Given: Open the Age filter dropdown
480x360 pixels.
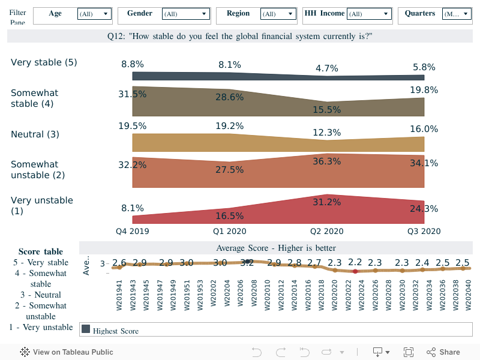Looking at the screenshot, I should pos(95,14).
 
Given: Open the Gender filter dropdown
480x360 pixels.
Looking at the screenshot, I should pos(185,14).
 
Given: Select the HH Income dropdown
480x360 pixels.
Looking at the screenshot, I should pos(369,14).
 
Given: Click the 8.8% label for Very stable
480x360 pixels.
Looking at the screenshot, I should pos(132,64).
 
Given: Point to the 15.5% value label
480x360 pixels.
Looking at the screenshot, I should pos(326,110).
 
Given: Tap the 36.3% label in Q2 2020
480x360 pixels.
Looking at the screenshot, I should pos(326,161).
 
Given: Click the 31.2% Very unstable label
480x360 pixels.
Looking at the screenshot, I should pos(326,202).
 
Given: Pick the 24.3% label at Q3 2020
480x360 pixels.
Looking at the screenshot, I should pos(424,209).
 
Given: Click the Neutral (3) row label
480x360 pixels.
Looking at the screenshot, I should pos(35,134).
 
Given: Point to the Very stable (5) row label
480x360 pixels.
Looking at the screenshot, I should pos(44,62).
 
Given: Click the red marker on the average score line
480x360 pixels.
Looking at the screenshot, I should pos(355,271).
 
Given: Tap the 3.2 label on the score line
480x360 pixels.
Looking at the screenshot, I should pos(247,263).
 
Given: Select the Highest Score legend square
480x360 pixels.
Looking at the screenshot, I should pos(86,329).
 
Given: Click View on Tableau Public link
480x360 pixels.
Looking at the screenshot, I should pos(67,352).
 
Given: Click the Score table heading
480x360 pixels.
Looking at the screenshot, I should pos(41,251).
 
